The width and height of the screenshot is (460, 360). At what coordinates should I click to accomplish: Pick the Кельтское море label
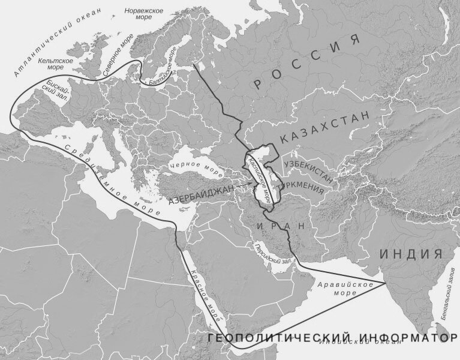[55, 64]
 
